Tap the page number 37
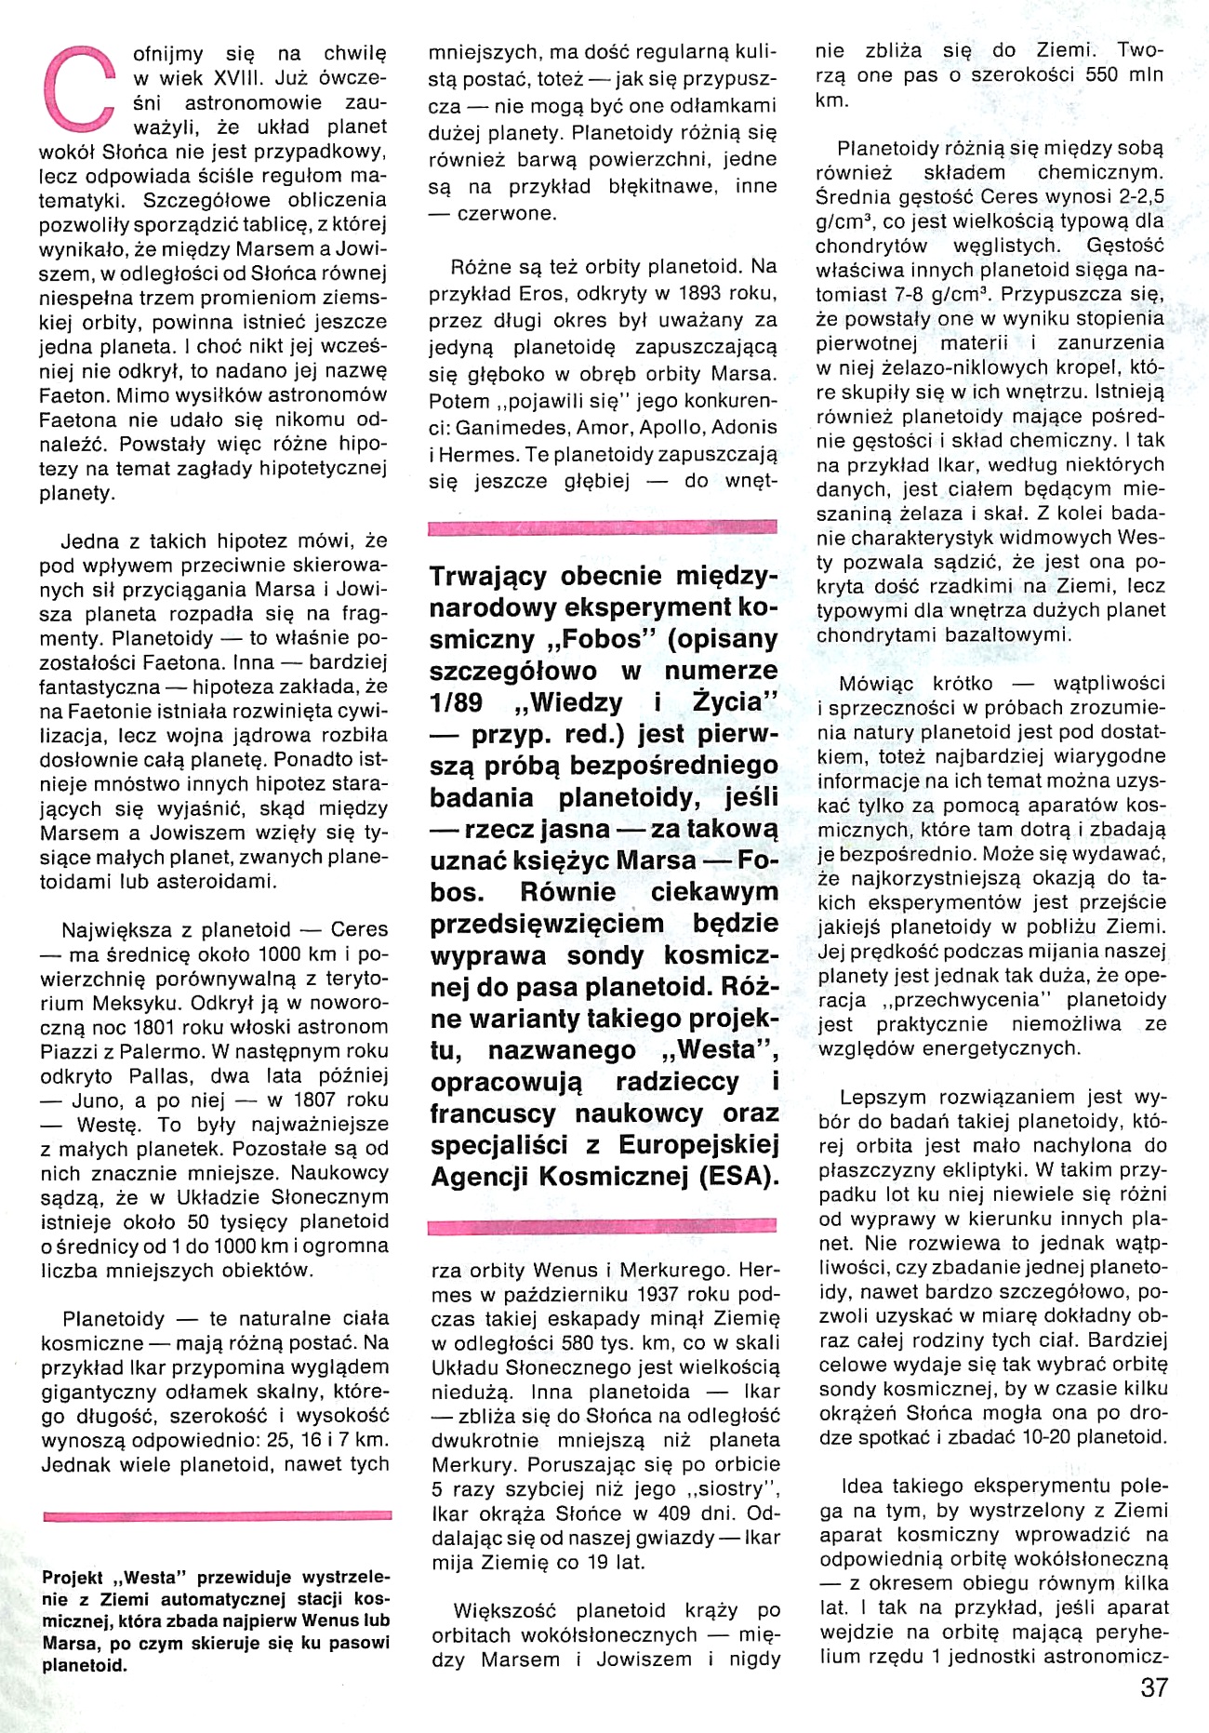pos(1153,1687)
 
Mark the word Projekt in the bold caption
pos(73,1577)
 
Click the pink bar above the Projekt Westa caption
pos(217,1516)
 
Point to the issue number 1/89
pos(455,702)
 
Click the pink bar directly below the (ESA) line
pos(602,1227)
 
